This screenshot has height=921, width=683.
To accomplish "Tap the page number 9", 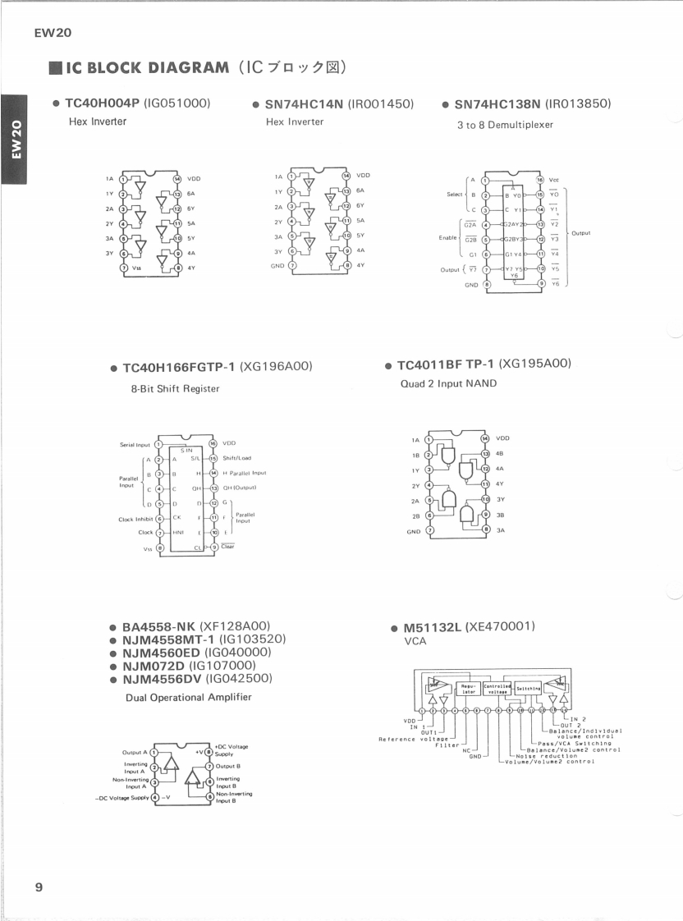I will pyautogui.click(x=39, y=887).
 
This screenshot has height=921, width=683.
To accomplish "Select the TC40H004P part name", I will pyautogui.click(x=103, y=103).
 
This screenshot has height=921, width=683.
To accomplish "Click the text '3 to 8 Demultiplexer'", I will pyautogui.click(x=505, y=125).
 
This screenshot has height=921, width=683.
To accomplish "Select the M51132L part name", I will pyautogui.click(x=432, y=627).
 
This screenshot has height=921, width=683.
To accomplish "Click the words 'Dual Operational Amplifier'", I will pyautogui.click(x=188, y=697).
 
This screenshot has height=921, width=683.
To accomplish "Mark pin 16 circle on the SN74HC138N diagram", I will pyautogui.click(x=539, y=178).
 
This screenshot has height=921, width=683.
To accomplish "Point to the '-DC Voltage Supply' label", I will pyautogui.click(x=126, y=796).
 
